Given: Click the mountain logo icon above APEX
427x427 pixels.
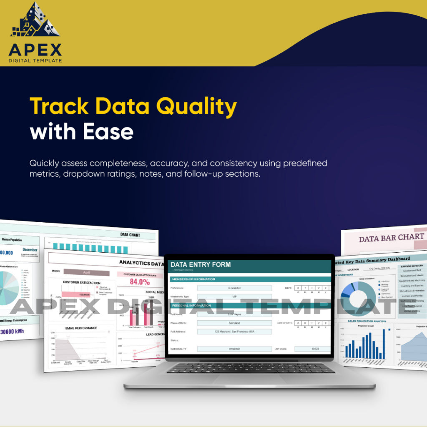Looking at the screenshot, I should [x=35, y=21].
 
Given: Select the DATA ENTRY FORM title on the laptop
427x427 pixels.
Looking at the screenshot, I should [x=200, y=264].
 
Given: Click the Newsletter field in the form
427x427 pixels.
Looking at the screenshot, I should [x=234, y=288].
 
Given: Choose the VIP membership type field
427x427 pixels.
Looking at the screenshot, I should [x=234, y=296].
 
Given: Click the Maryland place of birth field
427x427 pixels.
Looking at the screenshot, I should [x=234, y=323].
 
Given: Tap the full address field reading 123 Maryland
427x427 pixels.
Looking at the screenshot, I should [x=234, y=332].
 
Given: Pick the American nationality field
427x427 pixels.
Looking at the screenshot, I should [x=234, y=349].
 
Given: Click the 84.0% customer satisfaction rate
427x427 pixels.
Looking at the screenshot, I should [x=140, y=281].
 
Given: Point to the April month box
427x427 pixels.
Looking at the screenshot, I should [x=86, y=272].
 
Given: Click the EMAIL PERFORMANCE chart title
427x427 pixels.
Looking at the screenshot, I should [x=82, y=328].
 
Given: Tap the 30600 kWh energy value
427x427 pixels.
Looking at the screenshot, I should [x=13, y=332].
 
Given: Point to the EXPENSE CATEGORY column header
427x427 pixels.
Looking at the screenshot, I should [x=412, y=266].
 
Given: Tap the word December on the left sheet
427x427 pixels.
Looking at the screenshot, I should [x=30, y=250].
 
